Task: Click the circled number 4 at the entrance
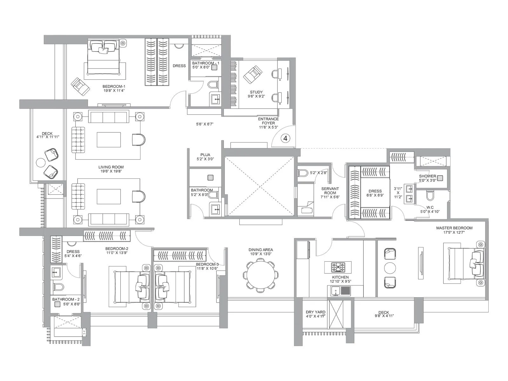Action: point(285,138)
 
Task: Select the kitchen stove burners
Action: point(338,267)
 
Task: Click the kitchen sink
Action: point(335,291)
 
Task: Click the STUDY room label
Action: point(256,92)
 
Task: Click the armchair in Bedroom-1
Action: point(80,86)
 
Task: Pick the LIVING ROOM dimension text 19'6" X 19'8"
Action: point(111,171)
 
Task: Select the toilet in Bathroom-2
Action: point(58,287)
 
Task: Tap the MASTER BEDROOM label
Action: point(454,228)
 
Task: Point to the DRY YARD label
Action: point(315,312)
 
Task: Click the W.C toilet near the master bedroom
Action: point(430,195)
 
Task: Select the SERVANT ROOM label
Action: point(330,190)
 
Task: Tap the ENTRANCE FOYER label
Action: point(268,121)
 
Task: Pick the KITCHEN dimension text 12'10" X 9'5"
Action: point(340,281)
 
